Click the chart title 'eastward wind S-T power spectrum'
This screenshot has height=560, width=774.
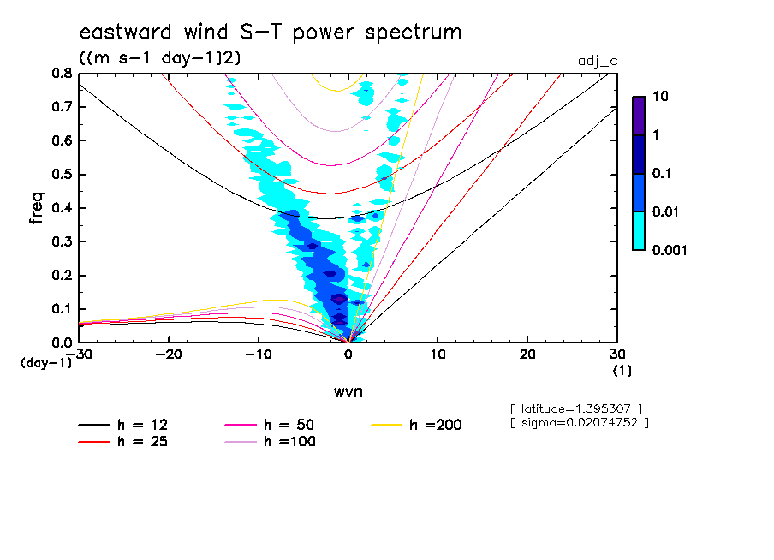[x=271, y=33]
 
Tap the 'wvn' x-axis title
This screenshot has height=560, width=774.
[x=348, y=391]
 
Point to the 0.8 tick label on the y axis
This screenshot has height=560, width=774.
[x=61, y=74]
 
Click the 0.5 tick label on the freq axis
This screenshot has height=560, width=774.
[x=61, y=175]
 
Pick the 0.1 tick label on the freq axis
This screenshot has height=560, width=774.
[x=61, y=309]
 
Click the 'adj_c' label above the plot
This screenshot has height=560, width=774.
[x=598, y=61]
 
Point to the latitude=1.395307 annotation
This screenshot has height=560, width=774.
[x=575, y=408]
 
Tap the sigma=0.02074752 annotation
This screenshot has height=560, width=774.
[x=579, y=423]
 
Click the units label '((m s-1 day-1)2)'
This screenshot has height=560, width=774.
[x=160, y=58]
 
